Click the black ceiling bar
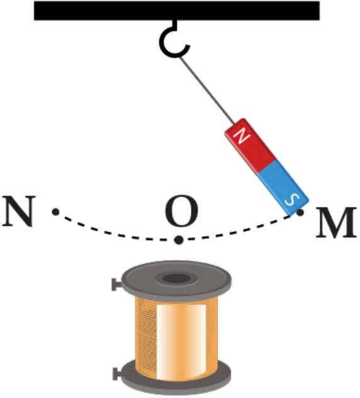(177, 11)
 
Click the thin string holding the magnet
(206, 89)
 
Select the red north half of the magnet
(249, 145)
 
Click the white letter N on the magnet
(242, 137)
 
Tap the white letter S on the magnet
(292, 200)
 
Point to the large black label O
(181, 211)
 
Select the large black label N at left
(18, 211)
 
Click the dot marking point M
(300, 212)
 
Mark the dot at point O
(179, 240)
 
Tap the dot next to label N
(55, 212)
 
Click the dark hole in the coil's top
(177, 279)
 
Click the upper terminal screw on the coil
(116, 285)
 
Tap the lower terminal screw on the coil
(117, 373)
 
